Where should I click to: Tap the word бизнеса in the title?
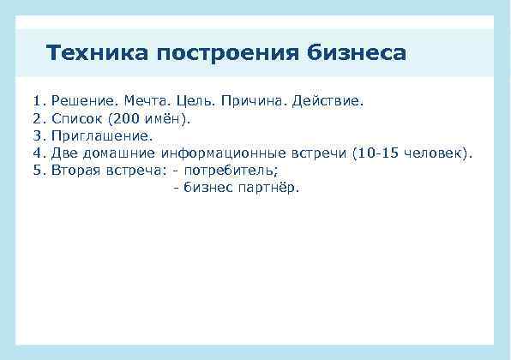point(355,53)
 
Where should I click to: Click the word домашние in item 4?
point(117,153)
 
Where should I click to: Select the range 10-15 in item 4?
point(378,153)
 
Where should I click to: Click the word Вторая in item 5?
point(75,170)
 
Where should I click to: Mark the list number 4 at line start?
point(37,153)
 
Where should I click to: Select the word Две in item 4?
point(63,153)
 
